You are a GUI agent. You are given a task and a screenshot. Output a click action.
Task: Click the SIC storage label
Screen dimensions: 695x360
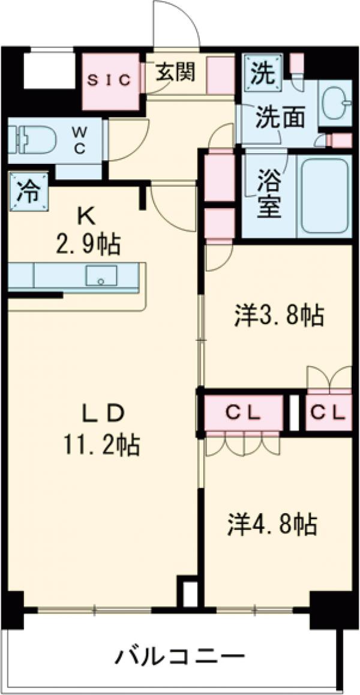coord(110,81)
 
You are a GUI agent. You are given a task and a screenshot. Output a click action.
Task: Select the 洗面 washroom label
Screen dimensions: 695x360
coord(278,118)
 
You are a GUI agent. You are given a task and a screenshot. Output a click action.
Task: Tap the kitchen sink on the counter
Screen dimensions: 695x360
coord(101,276)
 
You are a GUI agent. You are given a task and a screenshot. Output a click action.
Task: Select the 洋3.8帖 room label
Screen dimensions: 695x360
coord(279,314)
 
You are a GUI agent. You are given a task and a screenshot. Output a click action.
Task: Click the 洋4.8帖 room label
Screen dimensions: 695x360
coord(272,524)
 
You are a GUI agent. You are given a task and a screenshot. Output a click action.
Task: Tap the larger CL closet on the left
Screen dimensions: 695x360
coord(242,413)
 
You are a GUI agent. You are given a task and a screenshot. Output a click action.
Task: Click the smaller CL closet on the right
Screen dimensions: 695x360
coord(328,413)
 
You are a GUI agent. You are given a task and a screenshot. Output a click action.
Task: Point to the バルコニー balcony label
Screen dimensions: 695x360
coord(180,655)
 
